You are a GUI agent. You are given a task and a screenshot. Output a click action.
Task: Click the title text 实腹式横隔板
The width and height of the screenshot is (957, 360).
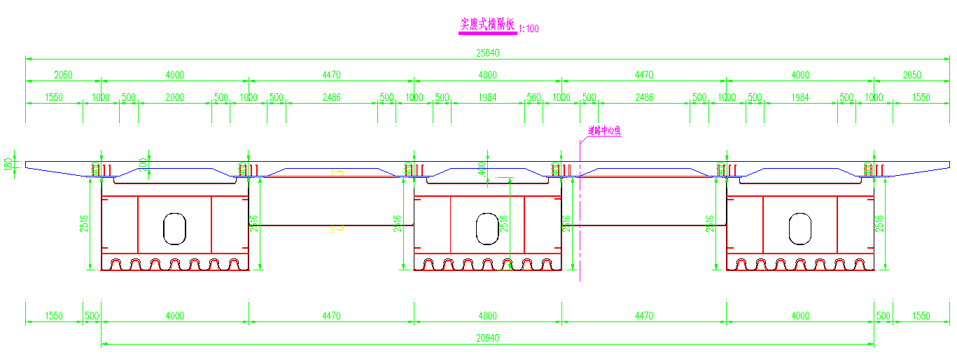[x=487, y=25]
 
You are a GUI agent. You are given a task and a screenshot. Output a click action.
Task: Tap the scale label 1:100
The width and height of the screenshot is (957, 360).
[x=529, y=29]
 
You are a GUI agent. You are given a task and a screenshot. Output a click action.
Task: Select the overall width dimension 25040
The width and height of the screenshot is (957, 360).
[x=487, y=53]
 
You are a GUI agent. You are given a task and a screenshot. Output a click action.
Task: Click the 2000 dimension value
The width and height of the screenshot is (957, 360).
[x=174, y=97]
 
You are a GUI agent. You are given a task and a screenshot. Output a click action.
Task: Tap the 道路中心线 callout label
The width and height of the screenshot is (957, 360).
[x=604, y=130]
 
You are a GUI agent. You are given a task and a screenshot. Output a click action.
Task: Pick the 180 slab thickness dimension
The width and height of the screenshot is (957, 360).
[x=7, y=165]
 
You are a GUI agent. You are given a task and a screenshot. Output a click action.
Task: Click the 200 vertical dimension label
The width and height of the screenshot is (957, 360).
[x=144, y=165]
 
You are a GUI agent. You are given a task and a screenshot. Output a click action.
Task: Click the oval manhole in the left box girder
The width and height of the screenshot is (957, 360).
[x=174, y=228]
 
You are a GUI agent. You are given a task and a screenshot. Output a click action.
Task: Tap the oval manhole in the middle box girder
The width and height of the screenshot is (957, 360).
[x=487, y=228]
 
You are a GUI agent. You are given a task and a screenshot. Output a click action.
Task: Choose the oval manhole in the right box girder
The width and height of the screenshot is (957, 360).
[x=800, y=228]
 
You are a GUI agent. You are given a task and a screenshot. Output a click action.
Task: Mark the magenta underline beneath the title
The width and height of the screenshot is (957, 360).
[x=487, y=33]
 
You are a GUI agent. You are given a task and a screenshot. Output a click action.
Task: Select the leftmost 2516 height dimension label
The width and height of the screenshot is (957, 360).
[x=84, y=223]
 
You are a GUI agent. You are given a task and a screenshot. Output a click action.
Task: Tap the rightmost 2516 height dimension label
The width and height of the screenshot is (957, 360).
[x=881, y=223]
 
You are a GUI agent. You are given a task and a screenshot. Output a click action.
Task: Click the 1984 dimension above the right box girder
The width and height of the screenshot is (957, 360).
[x=800, y=97]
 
